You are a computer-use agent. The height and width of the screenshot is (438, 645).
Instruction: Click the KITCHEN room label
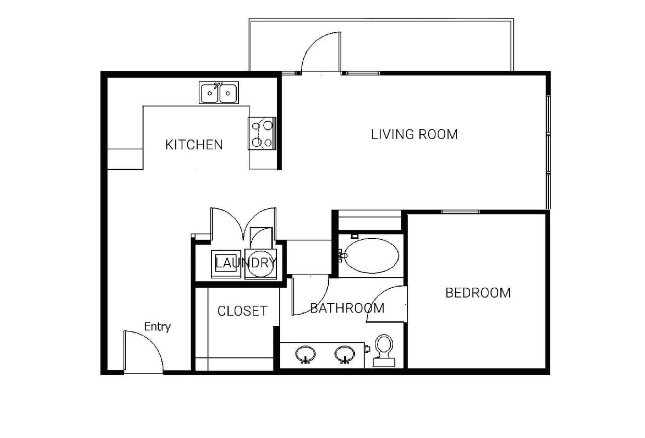coord(193,145)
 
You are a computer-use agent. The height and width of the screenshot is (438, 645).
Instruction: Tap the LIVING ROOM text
coord(414,134)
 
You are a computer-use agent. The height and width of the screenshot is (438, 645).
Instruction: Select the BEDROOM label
coord(478,293)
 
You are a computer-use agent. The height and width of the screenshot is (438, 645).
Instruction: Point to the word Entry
coord(157,327)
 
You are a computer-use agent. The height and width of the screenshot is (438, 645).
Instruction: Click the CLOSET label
coord(242,311)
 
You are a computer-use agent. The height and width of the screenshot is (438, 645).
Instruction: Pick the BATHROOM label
coord(347,308)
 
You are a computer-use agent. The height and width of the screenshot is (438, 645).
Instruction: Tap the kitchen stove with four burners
coord(262,134)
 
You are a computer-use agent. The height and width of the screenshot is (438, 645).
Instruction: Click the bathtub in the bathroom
coord(371,256)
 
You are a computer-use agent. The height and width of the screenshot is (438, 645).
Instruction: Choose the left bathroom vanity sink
coord(305,355)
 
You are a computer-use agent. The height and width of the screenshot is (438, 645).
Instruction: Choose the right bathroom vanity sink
coord(344,355)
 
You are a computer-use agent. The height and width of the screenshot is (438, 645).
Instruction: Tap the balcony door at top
coord(320,52)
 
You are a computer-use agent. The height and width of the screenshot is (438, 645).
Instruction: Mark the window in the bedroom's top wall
coord(460,212)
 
